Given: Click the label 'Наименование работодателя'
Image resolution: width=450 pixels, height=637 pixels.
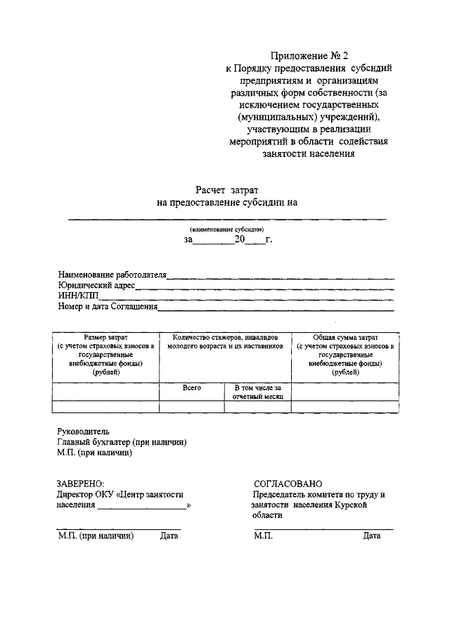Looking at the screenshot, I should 112,275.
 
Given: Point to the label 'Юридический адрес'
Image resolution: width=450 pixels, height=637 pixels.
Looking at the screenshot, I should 96,285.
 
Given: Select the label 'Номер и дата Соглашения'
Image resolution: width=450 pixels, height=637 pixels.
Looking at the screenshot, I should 108,306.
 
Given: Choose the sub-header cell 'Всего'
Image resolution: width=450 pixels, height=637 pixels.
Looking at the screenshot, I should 192,388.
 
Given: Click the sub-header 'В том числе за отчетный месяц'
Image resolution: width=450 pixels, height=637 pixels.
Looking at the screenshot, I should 257,392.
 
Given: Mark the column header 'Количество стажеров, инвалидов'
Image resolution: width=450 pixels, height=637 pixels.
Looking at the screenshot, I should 225,338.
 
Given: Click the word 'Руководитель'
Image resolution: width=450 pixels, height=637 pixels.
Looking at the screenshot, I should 83,431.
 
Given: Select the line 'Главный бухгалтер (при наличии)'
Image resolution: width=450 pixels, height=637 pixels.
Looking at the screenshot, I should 122,442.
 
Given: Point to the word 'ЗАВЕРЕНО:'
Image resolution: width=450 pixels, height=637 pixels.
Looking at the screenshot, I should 80,484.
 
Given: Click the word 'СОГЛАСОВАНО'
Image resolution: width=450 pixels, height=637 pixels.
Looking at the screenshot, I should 288,484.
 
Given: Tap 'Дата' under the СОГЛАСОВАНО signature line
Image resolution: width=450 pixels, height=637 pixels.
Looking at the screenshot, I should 371,536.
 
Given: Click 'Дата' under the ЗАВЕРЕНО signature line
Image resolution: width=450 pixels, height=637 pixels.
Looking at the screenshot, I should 169,536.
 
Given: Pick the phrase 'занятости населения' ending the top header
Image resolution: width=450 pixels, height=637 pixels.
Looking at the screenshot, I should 308,153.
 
